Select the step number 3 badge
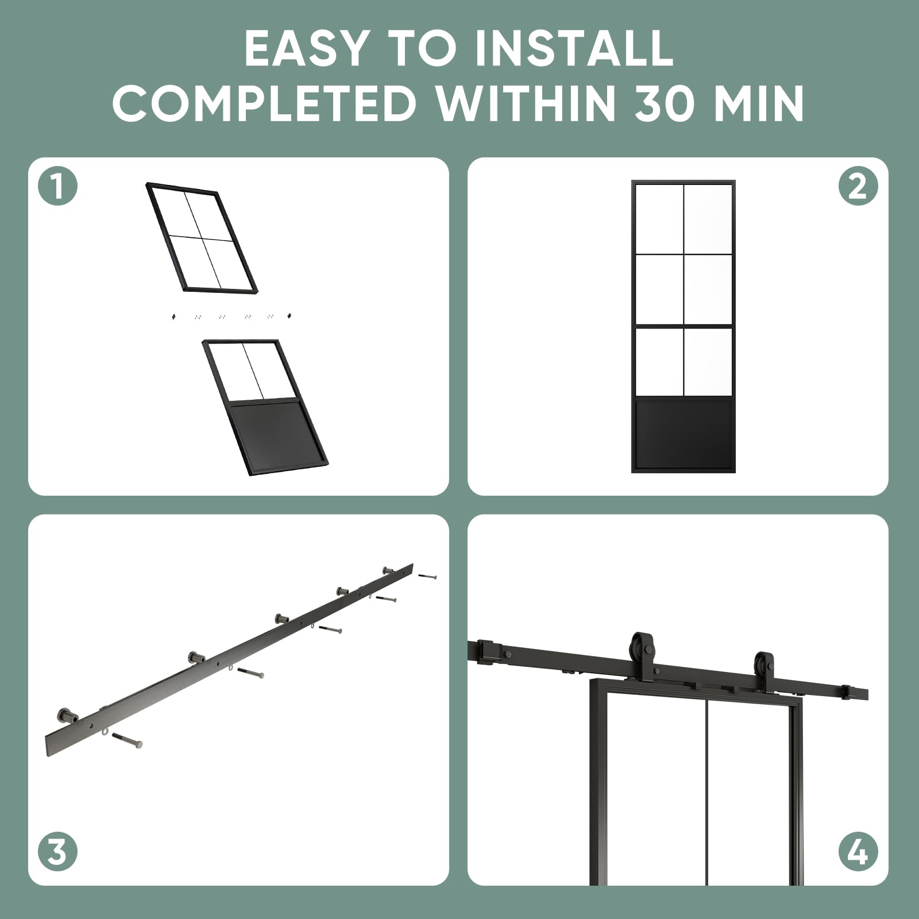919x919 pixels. click(57, 851)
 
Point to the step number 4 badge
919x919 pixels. click(858, 851)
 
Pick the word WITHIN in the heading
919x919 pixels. click(527, 103)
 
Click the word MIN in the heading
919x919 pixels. click(766, 103)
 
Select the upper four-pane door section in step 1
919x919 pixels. click(201, 237)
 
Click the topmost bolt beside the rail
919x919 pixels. click(427, 576)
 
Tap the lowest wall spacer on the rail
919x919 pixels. click(67, 716)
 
